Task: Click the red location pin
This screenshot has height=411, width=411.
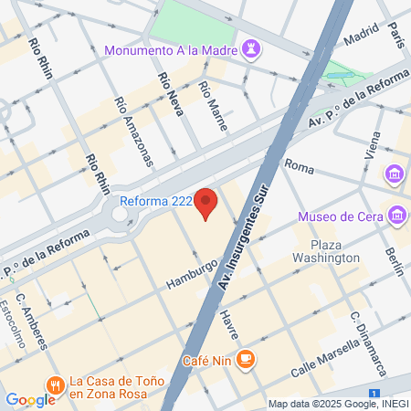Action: (206, 203)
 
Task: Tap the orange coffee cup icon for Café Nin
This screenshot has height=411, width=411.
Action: (245, 359)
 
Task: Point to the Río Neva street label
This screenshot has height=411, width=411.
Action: (170, 98)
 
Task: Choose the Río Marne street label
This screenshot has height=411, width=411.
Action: (212, 106)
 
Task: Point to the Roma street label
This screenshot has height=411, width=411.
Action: (300, 165)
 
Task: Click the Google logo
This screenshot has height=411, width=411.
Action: (30, 399)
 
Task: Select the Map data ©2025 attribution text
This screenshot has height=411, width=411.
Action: (337, 404)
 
